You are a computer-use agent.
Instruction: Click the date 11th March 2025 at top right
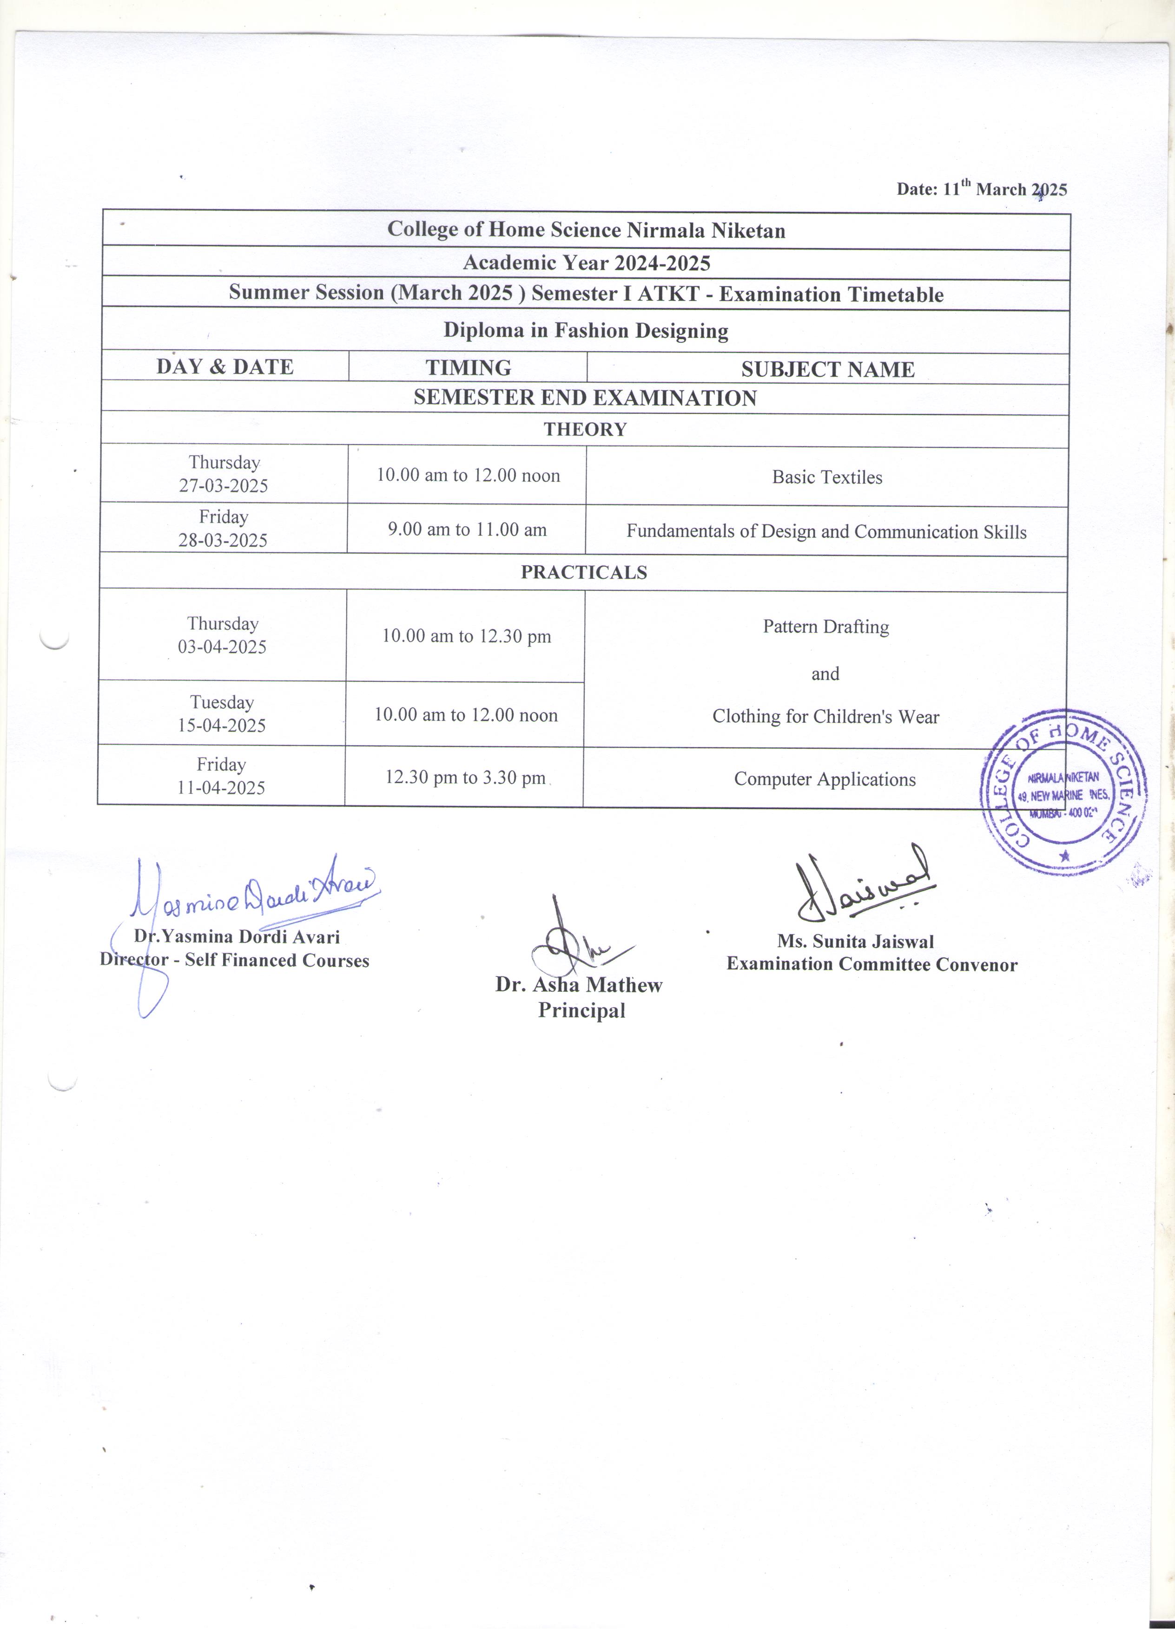981,189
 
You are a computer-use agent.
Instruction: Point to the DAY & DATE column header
225,367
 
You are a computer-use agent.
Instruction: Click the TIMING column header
468,368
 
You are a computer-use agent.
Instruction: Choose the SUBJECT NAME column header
827,369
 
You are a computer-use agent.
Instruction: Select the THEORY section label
585,430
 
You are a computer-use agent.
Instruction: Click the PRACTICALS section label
583,572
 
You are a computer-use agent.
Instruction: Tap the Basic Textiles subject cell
827,478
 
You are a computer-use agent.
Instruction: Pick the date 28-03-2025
223,541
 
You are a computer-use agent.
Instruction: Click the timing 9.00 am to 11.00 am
467,530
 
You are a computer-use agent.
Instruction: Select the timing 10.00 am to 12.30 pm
466,636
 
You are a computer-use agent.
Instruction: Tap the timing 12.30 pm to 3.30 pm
465,778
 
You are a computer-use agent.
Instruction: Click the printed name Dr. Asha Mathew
579,985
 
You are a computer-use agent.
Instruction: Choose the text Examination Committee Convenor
872,965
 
